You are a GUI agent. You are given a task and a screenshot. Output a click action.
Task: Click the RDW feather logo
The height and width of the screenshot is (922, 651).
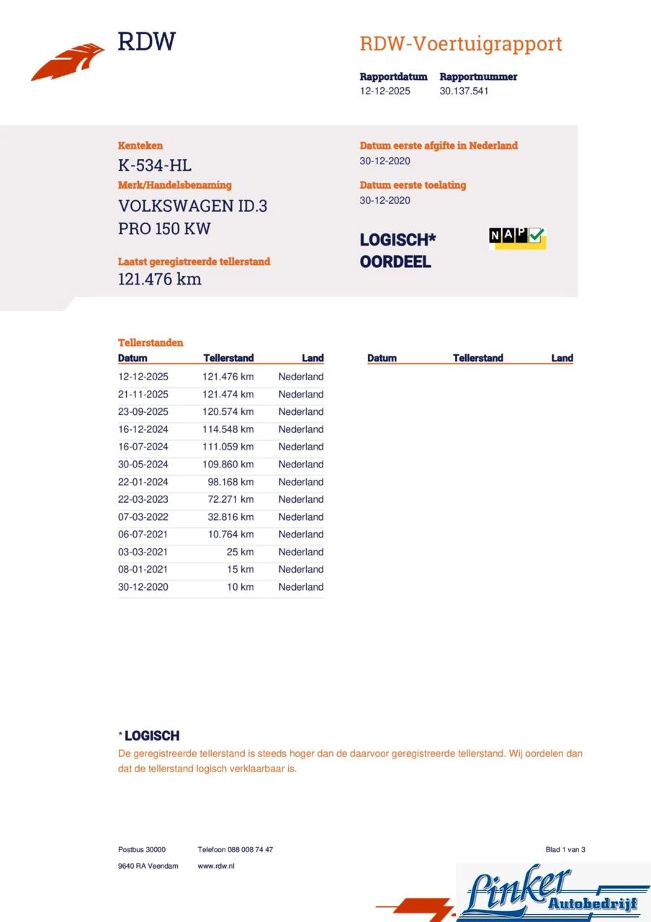click(x=68, y=63)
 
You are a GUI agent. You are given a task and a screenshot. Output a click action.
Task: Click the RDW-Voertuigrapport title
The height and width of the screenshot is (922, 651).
click(x=461, y=44)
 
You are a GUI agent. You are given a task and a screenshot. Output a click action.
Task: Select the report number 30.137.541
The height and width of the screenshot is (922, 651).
click(x=464, y=91)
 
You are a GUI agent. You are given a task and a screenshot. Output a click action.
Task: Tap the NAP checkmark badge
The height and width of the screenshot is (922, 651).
click(x=517, y=237)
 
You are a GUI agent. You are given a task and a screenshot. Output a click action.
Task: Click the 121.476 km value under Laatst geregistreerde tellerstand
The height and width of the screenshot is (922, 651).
click(x=160, y=279)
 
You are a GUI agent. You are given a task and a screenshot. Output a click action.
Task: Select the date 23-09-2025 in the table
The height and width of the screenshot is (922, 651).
click(x=143, y=412)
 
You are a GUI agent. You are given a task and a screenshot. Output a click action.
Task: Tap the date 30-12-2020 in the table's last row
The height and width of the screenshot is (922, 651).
click(x=143, y=587)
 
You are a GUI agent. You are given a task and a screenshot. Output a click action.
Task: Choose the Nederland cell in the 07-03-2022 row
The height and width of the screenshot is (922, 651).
click(x=301, y=517)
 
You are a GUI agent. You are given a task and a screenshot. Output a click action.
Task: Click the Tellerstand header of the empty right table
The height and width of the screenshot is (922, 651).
click(x=478, y=358)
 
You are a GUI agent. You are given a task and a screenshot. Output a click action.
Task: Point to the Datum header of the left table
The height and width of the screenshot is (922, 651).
click(x=133, y=358)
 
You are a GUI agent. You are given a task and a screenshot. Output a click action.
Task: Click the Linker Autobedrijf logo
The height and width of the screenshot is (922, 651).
click(x=553, y=892)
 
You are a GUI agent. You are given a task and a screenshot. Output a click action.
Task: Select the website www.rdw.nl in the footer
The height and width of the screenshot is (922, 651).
click(x=216, y=866)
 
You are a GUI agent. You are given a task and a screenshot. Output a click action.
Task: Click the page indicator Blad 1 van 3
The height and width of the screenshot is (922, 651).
click(x=565, y=850)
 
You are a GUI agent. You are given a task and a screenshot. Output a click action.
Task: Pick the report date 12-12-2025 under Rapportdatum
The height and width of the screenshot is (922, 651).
click(x=385, y=91)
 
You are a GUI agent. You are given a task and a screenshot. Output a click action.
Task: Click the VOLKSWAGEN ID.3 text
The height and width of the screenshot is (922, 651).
click(x=193, y=206)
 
